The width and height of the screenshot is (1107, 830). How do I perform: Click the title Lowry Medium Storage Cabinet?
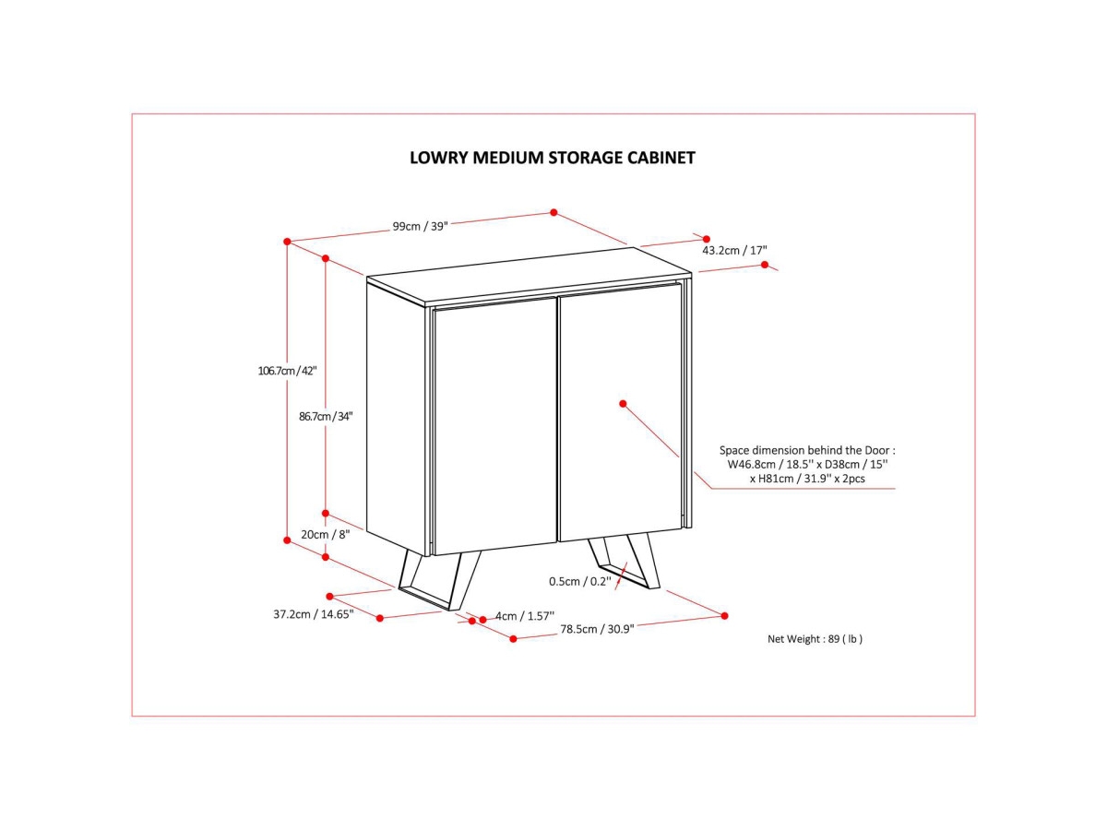click(x=552, y=158)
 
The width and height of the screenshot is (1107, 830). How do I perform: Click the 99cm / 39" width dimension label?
click(x=420, y=227)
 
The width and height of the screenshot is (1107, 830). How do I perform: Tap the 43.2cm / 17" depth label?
click(x=734, y=250)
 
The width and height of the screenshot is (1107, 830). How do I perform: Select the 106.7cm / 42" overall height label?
click(x=287, y=371)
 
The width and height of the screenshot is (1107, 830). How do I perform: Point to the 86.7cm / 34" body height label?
click(x=326, y=416)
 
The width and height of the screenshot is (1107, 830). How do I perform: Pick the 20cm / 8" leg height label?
click(x=326, y=535)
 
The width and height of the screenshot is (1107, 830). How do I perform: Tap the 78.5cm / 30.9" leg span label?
click(x=597, y=629)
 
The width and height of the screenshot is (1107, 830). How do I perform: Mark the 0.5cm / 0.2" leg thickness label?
click(x=579, y=581)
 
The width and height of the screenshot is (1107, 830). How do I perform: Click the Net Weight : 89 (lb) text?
click(x=815, y=638)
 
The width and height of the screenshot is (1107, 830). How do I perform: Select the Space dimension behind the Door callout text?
click(x=807, y=465)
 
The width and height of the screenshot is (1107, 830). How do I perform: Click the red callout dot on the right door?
click(x=624, y=403)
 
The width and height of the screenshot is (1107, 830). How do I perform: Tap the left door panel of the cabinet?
click(x=494, y=424)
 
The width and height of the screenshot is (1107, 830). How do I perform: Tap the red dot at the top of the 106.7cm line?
click(x=287, y=242)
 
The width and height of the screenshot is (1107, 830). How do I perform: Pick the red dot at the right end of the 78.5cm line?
click(x=724, y=615)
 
